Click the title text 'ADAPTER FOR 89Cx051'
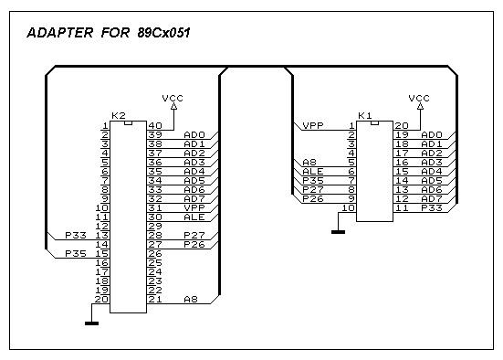(x=109, y=33)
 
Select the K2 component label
(x=119, y=116)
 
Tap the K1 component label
(x=365, y=116)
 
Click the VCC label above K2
(x=173, y=98)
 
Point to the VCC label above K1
(x=419, y=98)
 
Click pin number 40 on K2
(x=155, y=125)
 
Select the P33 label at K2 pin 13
(x=76, y=236)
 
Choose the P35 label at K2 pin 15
(x=76, y=254)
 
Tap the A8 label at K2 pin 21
(x=191, y=300)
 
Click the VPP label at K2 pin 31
(x=194, y=207)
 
